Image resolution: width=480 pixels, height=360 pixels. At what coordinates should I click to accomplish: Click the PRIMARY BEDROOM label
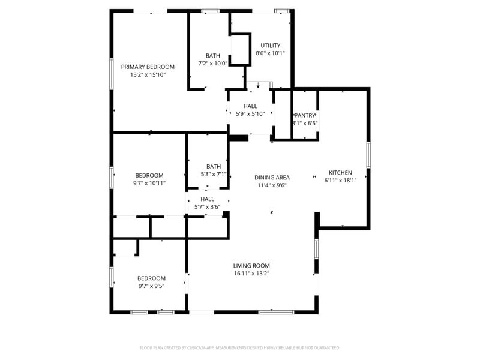pos(148,67)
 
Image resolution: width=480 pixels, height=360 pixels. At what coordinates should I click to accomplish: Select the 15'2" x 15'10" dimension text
pos(148,75)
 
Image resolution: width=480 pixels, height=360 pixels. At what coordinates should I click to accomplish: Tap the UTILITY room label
pos(270,45)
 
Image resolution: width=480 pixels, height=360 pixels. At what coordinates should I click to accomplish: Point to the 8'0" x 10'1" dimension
pos(270,53)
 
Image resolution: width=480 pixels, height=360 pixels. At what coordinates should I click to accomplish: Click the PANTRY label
pos(305,115)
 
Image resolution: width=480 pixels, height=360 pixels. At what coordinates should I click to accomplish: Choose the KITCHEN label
pos(340,172)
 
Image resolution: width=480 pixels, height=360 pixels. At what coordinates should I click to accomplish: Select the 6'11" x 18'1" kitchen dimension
pos(340,180)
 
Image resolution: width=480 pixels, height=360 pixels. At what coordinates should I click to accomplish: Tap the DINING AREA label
pos(272,177)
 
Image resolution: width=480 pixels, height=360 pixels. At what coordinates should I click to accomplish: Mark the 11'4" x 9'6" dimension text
pos(272,185)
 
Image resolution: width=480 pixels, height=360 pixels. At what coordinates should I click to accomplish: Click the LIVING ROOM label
pos(251,265)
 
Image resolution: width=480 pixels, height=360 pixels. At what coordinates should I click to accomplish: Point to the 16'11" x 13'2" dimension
pos(251,274)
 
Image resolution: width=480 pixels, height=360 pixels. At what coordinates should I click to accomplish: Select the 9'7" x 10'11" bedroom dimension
pos(149,183)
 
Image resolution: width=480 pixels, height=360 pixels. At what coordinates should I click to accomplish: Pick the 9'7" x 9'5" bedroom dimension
pos(151,286)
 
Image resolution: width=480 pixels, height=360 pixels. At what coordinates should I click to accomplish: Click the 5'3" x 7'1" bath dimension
pos(214,175)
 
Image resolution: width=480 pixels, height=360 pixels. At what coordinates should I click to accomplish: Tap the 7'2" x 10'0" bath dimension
pos(213,63)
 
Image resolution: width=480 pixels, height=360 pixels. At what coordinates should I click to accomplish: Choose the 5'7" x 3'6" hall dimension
pos(207,207)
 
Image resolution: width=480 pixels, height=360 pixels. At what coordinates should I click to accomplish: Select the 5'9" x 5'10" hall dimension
pos(250,114)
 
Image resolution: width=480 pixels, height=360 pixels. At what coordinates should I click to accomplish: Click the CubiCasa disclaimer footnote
pos(240,347)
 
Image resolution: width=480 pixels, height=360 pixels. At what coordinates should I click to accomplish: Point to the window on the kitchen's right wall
pos(368,155)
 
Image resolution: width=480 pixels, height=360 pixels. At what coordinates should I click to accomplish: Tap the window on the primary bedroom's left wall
pos(111,74)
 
